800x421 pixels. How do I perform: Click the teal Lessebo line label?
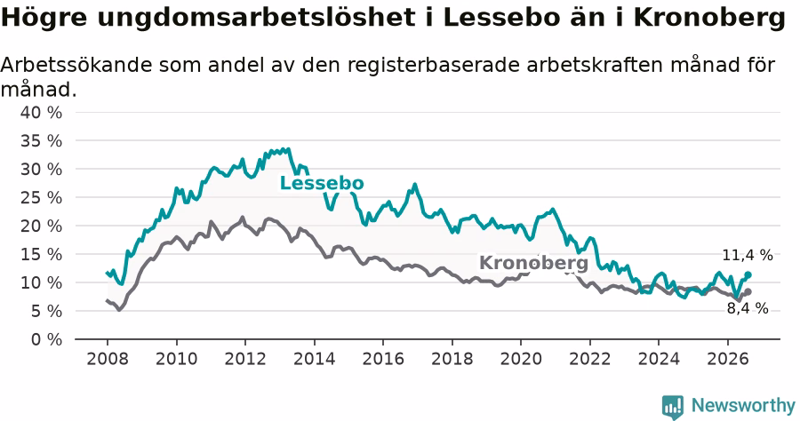pyautogui.click(x=322, y=183)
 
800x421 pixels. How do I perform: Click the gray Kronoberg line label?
pyautogui.click(x=533, y=263)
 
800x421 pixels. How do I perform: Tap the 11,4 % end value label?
pyautogui.click(x=748, y=255)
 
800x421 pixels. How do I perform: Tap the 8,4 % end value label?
pyautogui.click(x=748, y=308)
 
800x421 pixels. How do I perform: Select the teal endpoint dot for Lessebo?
pyautogui.click(x=748, y=274)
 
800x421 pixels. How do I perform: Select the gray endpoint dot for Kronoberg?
pyautogui.click(x=748, y=292)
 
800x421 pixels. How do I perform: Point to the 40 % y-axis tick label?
pyautogui.click(x=41, y=112)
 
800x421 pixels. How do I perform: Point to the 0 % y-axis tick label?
pyautogui.click(x=46, y=339)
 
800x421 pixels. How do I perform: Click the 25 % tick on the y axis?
pyautogui.click(x=41, y=197)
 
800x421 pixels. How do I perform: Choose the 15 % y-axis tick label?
pyautogui.click(x=41, y=254)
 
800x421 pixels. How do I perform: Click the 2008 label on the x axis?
pyautogui.click(x=108, y=359)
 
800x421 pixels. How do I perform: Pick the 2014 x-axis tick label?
pyautogui.click(x=315, y=359)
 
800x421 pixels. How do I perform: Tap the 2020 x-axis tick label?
pyautogui.click(x=521, y=359)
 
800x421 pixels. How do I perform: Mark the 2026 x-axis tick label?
pyautogui.click(x=727, y=359)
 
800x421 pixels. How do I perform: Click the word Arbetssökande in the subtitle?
pyautogui.click(x=76, y=65)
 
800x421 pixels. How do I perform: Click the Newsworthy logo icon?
pyautogui.click(x=673, y=407)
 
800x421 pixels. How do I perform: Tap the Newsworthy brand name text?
pyautogui.click(x=743, y=406)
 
